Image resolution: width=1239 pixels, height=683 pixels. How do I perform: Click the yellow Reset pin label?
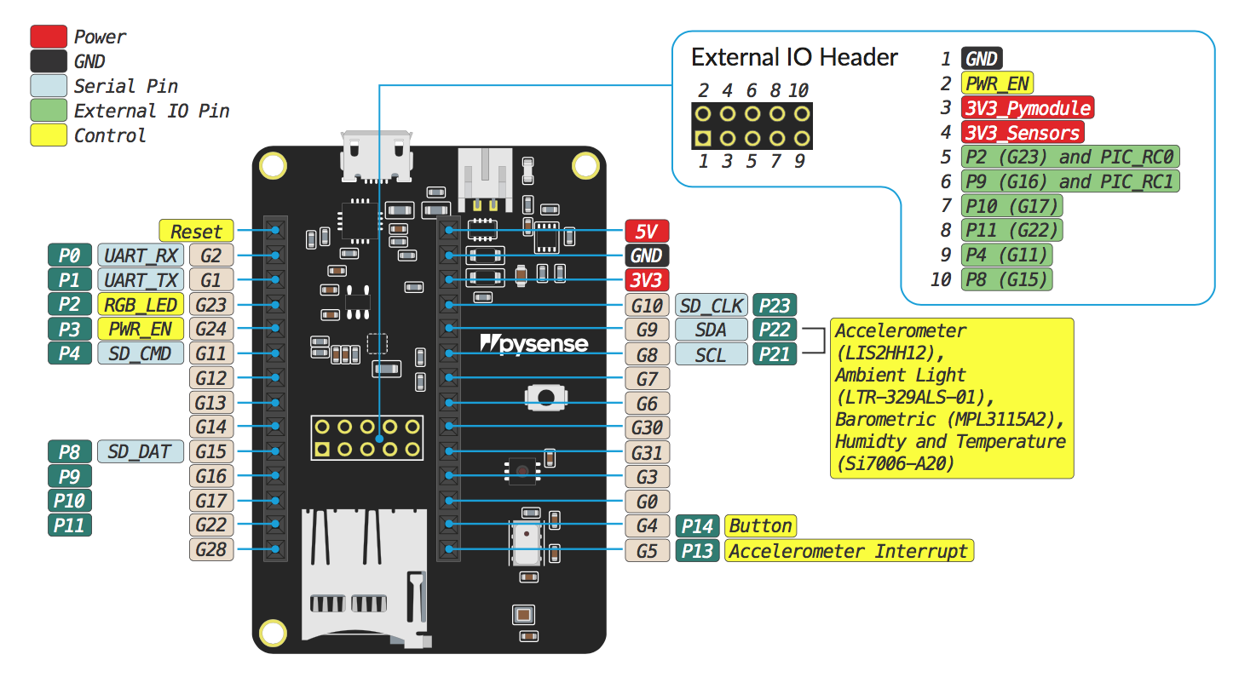click(x=196, y=231)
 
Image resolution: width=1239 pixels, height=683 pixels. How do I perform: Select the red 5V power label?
click(x=647, y=231)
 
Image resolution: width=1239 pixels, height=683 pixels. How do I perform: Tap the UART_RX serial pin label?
click(x=141, y=255)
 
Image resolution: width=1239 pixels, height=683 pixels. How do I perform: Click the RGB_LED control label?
click(x=141, y=304)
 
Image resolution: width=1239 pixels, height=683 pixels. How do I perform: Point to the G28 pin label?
click(x=210, y=549)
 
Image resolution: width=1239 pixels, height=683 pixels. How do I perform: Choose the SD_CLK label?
click(x=712, y=305)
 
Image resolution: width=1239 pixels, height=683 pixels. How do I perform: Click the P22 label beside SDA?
click(x=775, y=330)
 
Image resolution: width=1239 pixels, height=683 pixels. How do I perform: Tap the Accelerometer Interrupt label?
click(x=849, y=551)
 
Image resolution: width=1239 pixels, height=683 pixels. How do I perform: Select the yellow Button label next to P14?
click(x=761, y=526)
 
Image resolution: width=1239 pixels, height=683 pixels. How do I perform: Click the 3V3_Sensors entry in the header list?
click(x=1023, y=132)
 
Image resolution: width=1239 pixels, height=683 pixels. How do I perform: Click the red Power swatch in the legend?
click(x=49, y=37)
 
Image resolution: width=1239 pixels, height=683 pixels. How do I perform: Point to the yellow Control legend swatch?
click(x=49, y=135)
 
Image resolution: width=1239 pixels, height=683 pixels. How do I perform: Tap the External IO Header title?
click(x=794, y=58)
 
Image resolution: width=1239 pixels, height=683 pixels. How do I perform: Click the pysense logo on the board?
click(x=534, y=343)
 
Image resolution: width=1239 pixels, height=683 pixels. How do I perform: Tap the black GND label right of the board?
click(x=647, y=255)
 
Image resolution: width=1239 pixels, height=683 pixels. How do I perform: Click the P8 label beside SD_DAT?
click(x=70, y=451)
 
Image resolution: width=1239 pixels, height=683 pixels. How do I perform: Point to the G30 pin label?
click(x=647, y=428)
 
